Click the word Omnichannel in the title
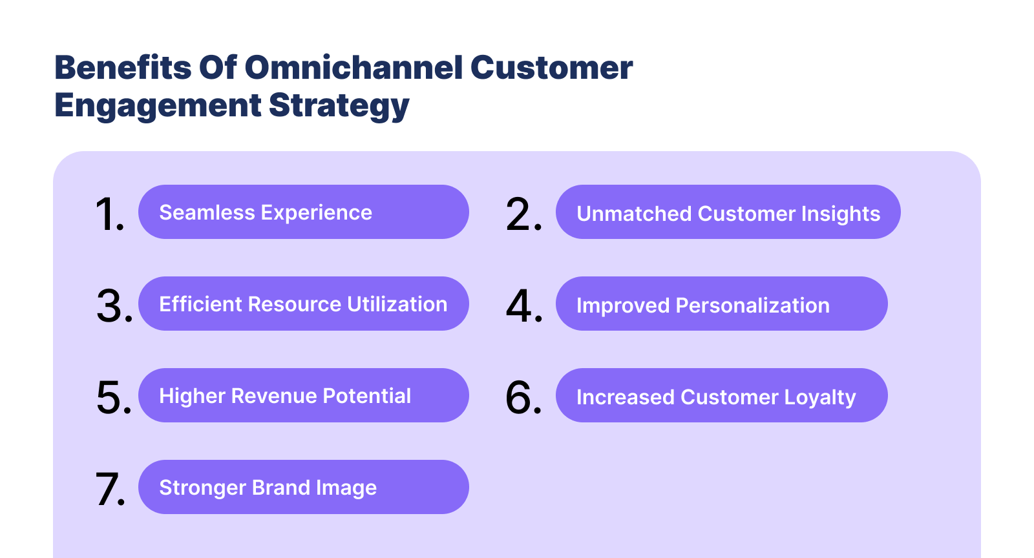(353, 68)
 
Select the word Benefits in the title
(123, 68)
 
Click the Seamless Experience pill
(303, 212)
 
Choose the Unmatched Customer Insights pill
(728, 212)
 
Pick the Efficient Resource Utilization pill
(303, 304)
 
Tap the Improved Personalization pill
(721, 304)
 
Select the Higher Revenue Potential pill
(303, 395)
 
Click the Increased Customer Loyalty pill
(721, 395)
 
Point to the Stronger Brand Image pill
(303, 487)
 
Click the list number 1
(109, 214)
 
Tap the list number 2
(523, 214)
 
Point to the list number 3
(114, 305)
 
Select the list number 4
(524, 305)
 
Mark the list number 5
(114, 397)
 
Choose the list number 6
(523, 397)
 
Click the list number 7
(110, 489)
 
